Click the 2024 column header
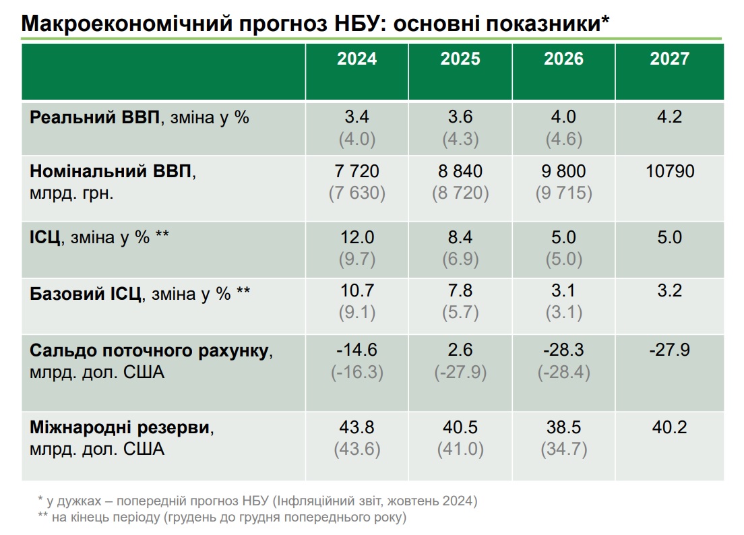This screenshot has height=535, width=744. pos(357,59)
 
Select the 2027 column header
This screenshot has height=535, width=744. pos(669,59)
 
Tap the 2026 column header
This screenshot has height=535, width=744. pos(563,59)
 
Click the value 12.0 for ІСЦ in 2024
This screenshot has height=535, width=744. pos(357,238)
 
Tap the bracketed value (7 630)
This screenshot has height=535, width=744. pos(357,194)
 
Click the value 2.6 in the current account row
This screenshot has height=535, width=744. pos(460,350)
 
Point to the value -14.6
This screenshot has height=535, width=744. pos(357,350)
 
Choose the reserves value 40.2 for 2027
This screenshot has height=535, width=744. pos(669,428)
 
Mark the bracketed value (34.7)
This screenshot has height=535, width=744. pos(563,449)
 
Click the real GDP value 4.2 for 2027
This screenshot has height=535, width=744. pos(669,117)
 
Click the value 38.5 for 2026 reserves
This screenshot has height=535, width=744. pos(563,428)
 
